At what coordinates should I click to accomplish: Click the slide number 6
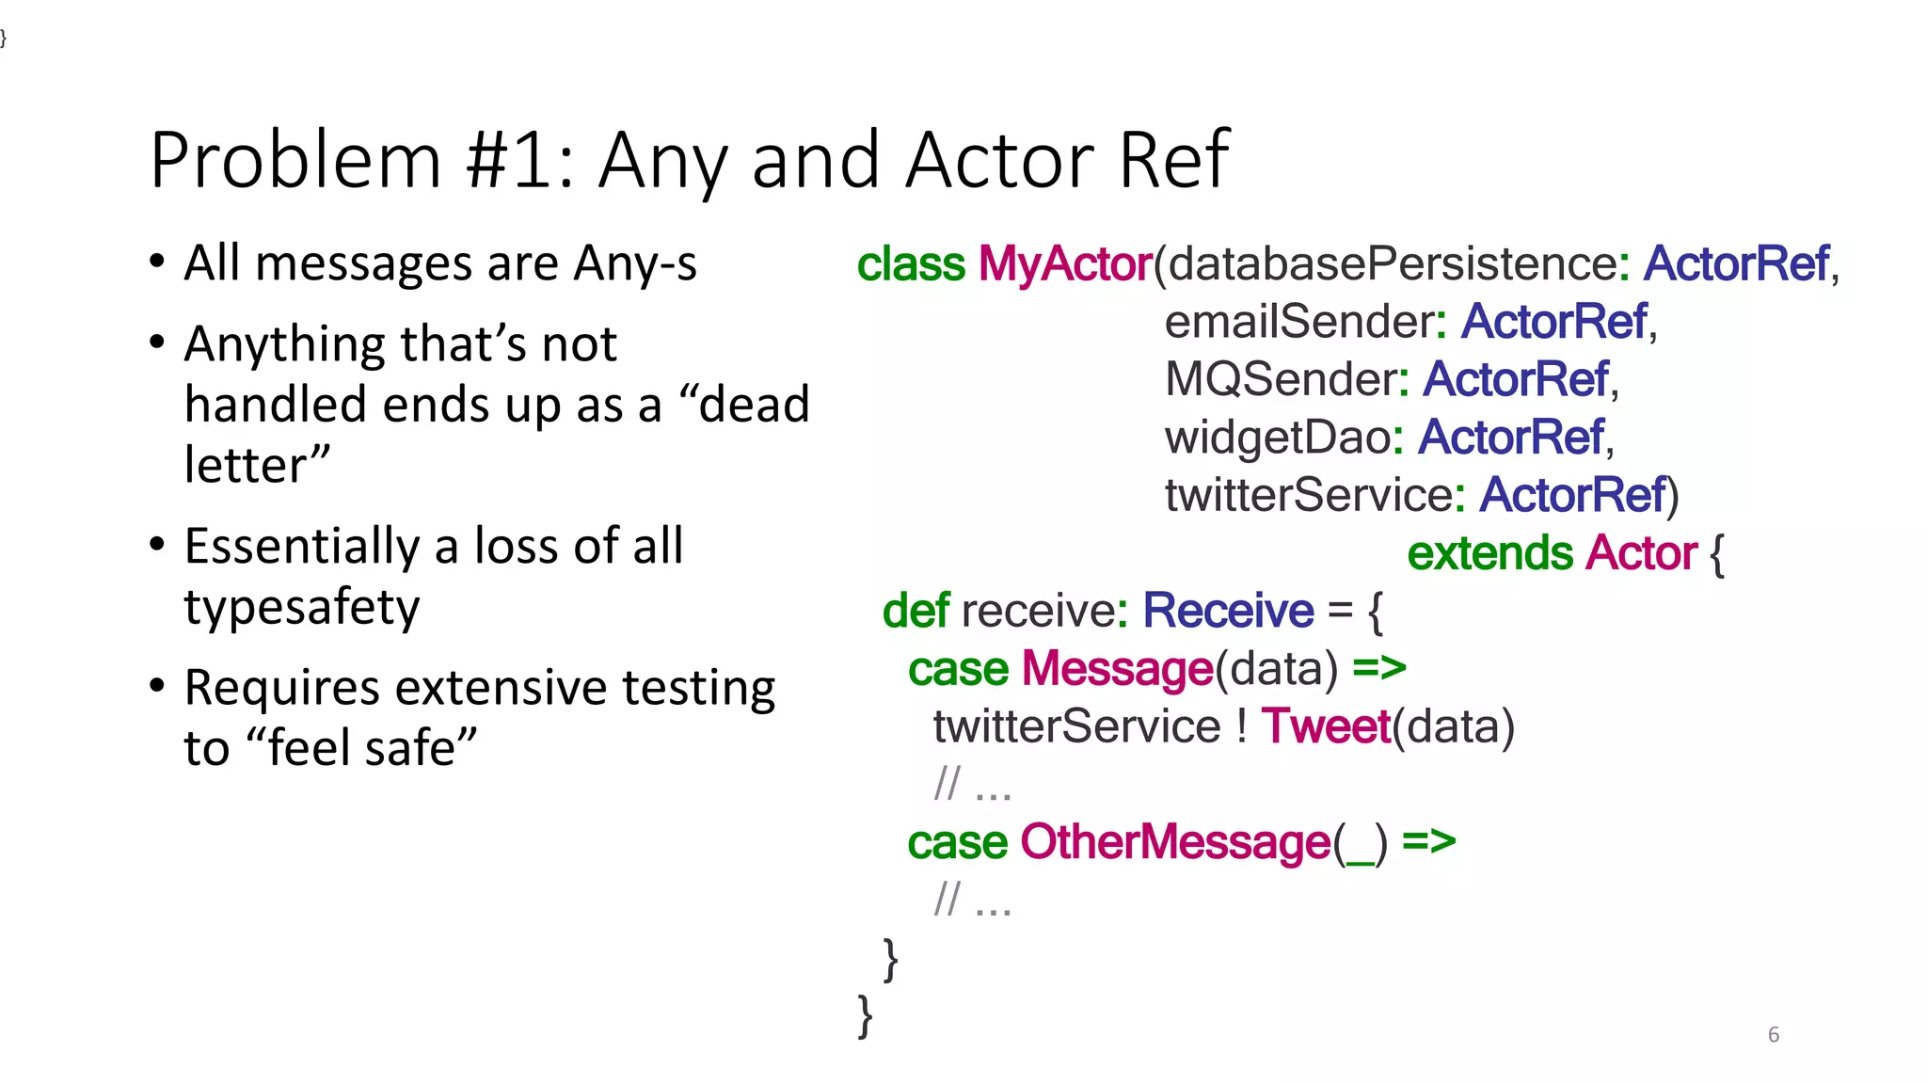click(1773, 1034)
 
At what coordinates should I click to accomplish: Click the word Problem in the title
click(295, 160)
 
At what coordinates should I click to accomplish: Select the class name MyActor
click(1065, 263)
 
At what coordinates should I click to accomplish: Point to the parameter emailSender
click(1299, 322)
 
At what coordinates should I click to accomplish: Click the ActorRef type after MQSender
click(1516, 379)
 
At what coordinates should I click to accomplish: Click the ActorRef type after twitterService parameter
click(1572, 495)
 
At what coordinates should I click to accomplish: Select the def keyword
click(915, 611)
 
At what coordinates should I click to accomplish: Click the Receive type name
click(1227, 611)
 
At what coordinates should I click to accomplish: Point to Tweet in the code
click(1325, 726)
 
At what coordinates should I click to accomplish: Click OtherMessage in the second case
click(1175, 842)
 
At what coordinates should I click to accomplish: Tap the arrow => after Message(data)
click(1378, 668)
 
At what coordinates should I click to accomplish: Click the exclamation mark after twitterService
click(1242, 726)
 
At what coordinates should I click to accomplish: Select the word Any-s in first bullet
click(636, 263)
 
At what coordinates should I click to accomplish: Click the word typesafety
click(302, 607)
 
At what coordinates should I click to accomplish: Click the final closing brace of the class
click(865, 1016)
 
